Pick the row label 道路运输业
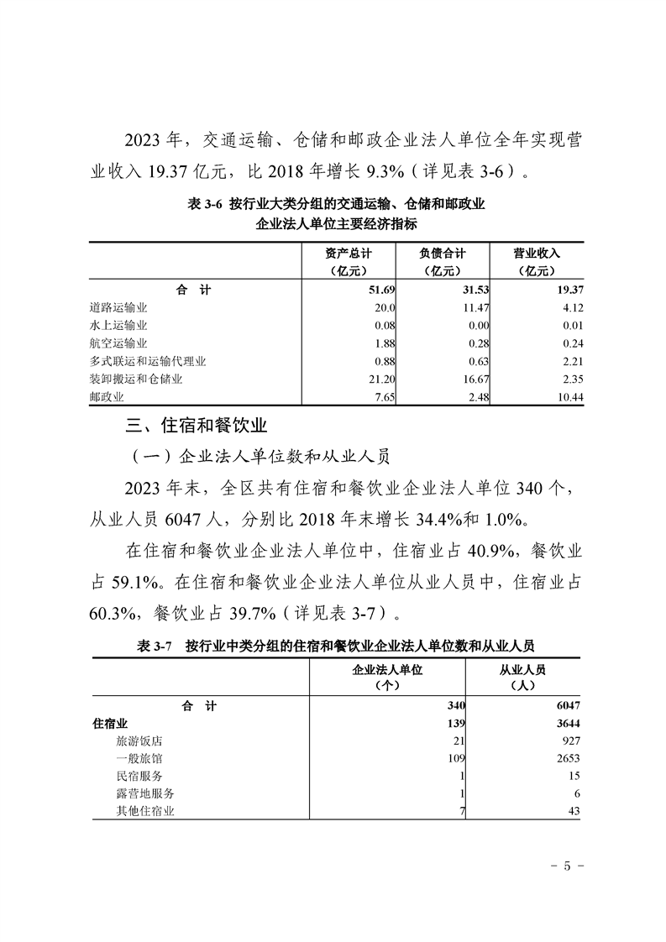118,308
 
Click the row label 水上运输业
118,326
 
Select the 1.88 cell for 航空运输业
384,343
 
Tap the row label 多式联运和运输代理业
148,361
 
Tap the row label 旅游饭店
139,741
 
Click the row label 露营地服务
145,793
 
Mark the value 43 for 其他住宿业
572,811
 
